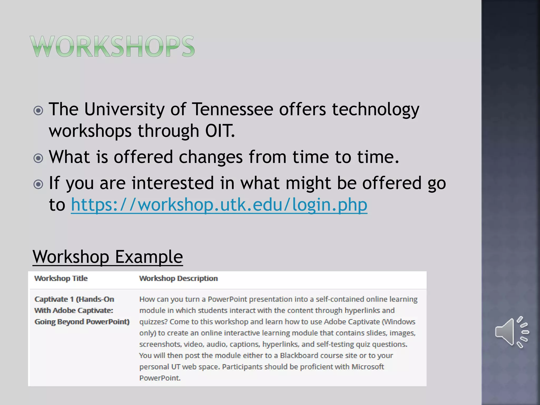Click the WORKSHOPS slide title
click(x=113, y=46)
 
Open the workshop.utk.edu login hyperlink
click(x=219, y=205)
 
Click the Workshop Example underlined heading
click(x=108, y=257)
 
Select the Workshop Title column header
click(x=61, y=278)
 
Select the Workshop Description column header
click(x=178, y=278)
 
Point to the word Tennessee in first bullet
click(x=232, y=109)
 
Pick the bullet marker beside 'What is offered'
click(x=38, y=158)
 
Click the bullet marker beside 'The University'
click(x=38, y=110)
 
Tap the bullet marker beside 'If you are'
click(x=38, y=184)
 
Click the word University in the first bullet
click(x=124, y=109)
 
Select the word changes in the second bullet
click(x=210, y=157)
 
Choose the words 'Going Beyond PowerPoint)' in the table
click(x=82, y=322)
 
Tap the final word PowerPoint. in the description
click(x=160, y=378)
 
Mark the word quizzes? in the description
click(x=153, y=322)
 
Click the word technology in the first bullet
click(x=375, y=109)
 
